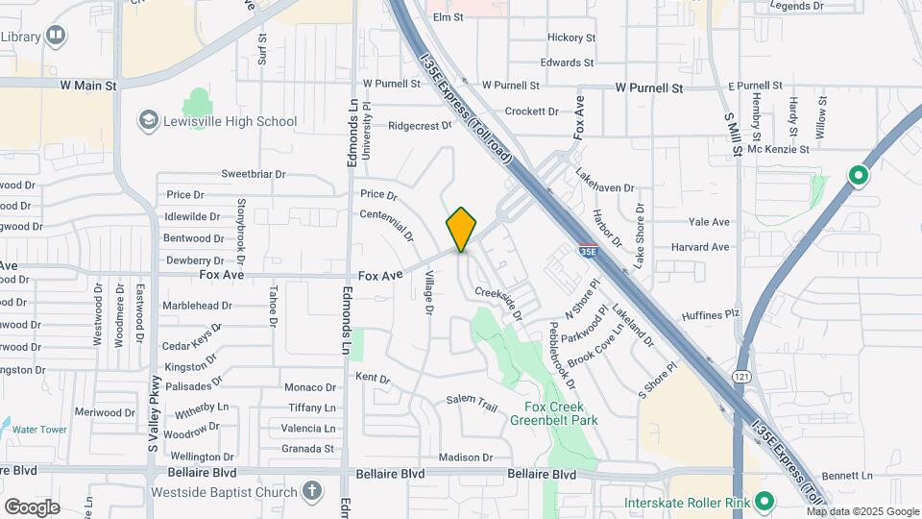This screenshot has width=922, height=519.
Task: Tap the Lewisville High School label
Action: tap(230, 122)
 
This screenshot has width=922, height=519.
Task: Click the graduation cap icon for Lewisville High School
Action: tap(148, 121)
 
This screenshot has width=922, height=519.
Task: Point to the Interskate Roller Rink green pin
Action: tap(764, 502)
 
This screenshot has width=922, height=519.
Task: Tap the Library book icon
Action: tap(57, 37)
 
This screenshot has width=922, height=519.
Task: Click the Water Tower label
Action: tap(39, 430)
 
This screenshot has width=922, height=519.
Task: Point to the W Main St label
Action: tap(87, 86)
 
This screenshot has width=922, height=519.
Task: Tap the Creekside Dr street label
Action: tap(498, 303)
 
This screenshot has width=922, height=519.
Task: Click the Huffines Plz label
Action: tap(710, 313)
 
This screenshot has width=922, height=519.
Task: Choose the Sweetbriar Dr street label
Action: tap(254, 174)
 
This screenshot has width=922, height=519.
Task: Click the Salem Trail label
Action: tap(472, 405)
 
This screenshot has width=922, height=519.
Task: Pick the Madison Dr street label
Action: tap(465, 457)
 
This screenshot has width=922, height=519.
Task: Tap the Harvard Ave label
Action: tap(700, 247)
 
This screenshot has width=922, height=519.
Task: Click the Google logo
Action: tap(32, 507)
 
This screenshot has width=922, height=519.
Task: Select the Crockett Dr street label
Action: tap(531, 111)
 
